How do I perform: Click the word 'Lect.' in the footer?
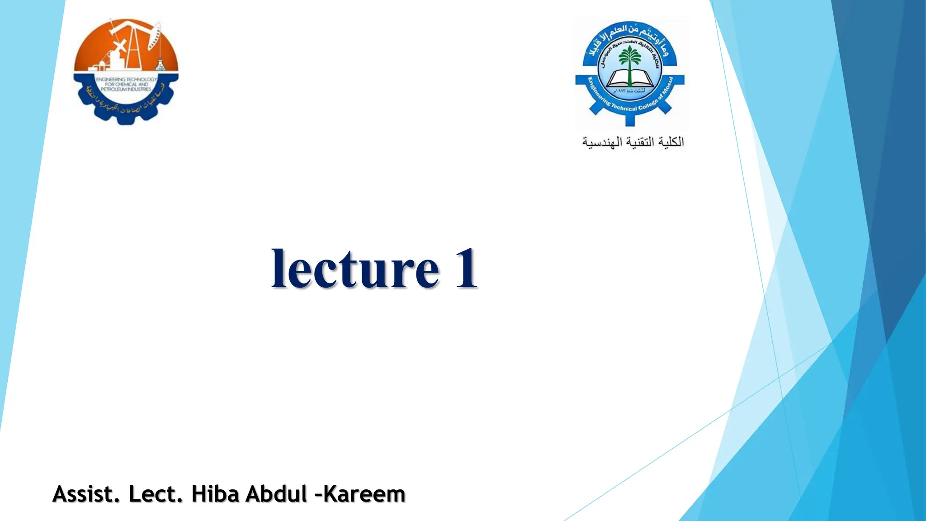pyautogui.click(x=156, y=494)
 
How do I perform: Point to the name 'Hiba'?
pyautogui.click(x=215, y=494)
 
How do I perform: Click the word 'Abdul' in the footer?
pyautogui.click(x=276, y=494)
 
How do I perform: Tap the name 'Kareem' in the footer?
pyautogui.click(x=364, y=494)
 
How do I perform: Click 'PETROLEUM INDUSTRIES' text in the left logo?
pyautogui.click(x=126, y=90)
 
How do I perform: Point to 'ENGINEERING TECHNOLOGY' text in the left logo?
pyautogui.click(x=126, y=79)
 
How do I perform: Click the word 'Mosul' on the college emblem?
pyautogui.click(x=667, y=88)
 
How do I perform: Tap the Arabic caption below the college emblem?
pyautogui.click(x=633, y=142)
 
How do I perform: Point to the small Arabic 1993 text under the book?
pyautogui.click(x=629, y=91)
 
